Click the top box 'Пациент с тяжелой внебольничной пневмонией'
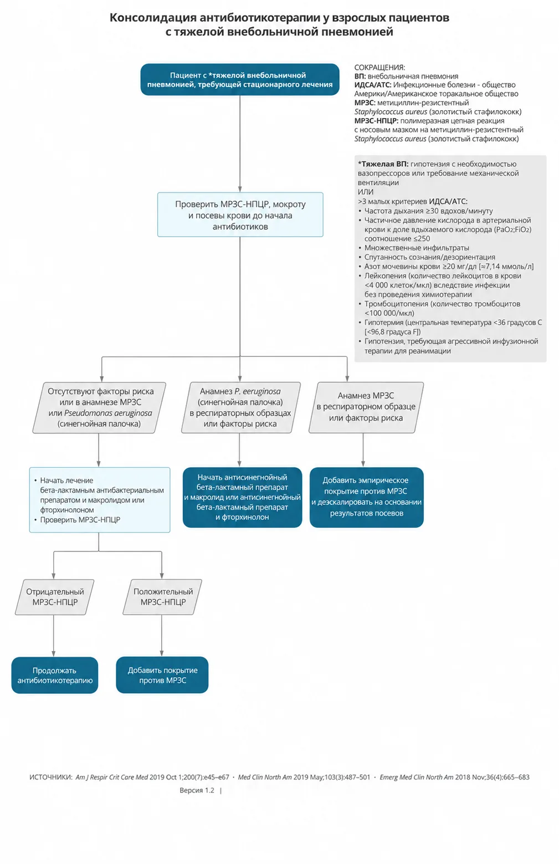tap(240, 79)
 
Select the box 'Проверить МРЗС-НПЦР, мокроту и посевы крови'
tap(240, 214)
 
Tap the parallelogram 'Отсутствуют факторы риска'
tap(100, 407)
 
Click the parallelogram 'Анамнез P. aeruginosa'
tap(241, 407)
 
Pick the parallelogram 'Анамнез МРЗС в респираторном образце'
tap(366, 407)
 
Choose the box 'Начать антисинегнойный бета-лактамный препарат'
tap(242, 497)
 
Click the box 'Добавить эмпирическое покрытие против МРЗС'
tap(367, 497)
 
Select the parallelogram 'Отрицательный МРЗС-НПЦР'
tap(54, 597)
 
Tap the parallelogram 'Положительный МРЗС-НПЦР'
tap(162, 597)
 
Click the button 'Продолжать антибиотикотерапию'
tap(55, 675)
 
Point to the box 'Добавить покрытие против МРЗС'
tap(162, 675)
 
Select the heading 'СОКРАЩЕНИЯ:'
tap(379, 68)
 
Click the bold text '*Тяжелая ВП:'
tap(383, 164)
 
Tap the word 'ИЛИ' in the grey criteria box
tap(366, 192)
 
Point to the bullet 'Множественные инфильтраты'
tap(417, 248)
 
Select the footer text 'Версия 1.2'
tap(197, 790)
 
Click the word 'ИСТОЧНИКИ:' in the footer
tap(51, 777)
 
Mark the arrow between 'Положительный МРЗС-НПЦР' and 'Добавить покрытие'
tap(162, 636)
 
